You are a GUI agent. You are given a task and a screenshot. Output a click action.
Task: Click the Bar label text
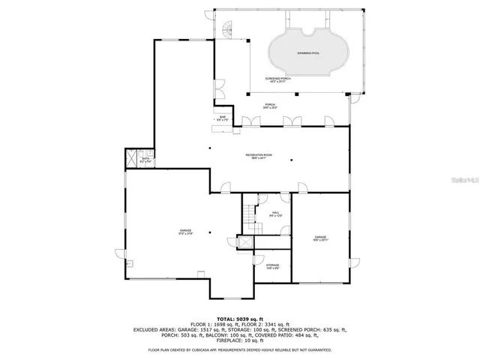[223, 118]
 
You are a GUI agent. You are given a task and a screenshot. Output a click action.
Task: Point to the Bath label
[147, 160]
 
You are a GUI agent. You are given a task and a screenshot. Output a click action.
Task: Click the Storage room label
[272, 266]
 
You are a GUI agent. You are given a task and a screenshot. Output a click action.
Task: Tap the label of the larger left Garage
[184, 232]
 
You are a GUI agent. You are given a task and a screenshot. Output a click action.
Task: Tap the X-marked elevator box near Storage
[245, 243]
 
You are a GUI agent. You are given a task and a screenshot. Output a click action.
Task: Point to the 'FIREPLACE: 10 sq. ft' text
[240, 336]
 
